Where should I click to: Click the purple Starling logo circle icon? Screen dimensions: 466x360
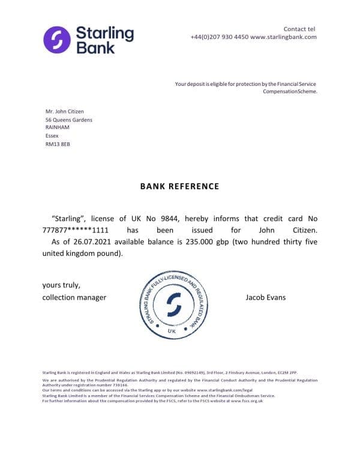57,39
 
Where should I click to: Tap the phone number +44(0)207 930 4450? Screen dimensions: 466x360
219,37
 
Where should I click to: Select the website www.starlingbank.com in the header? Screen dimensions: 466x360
283,37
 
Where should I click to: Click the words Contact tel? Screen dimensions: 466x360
299,29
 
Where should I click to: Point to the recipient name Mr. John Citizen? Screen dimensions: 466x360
65,111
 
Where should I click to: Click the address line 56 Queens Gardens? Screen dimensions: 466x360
69,120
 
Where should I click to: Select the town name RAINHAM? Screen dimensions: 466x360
58,127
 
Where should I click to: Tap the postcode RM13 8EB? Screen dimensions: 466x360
58,144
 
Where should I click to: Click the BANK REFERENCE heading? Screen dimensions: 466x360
179,187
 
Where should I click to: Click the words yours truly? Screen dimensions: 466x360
61,285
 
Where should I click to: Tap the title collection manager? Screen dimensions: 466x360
74,297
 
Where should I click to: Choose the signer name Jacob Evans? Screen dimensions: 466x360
265,297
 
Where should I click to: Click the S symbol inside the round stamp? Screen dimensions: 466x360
173,304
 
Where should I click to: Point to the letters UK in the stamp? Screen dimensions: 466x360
172,331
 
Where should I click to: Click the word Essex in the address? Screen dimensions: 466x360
52,136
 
